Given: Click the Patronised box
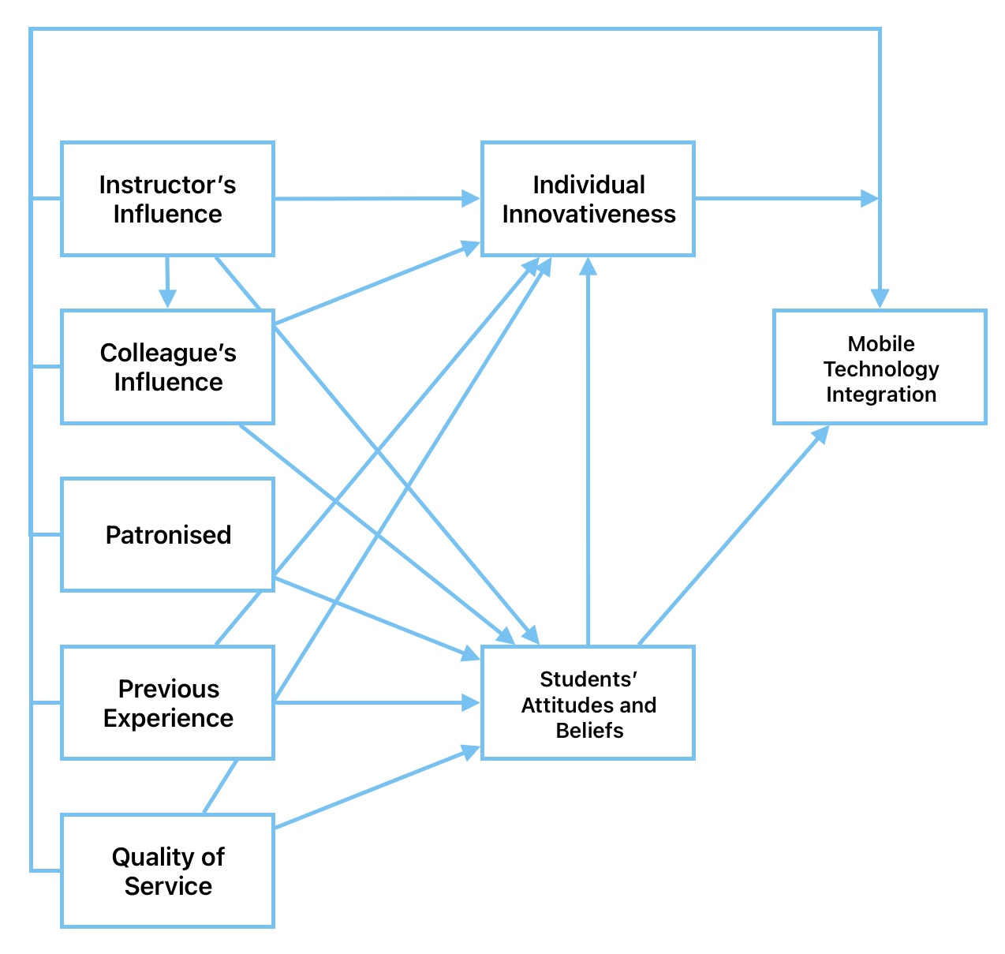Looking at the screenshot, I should pyautogui.click(x=167, y=534).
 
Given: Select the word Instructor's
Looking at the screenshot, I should pyautogui.click(x=167, y=185).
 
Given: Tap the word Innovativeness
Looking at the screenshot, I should pyautogui.click(x=588, y=214).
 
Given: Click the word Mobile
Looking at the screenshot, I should pyautogui.click(x=880, y=343).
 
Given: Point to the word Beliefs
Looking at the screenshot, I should pyautogui.click(x=588, y=730).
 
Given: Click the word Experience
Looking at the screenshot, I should pyautogui.click(x=168, y=718).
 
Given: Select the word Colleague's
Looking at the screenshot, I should pyautogui.click(x=168, y=353).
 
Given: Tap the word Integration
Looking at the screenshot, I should pyautogui.click(x=880, y=394).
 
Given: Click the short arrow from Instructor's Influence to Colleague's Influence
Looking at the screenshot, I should pyautogui.click(x=166, y=281).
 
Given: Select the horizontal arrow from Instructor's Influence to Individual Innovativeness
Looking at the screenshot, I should pyautogui.click(x=371, y=199).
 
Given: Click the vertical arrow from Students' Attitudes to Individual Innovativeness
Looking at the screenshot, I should pyautogui.click(x=588, y=450).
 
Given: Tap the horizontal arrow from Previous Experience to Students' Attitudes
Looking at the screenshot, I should pyautogui.click(x=371, y=702).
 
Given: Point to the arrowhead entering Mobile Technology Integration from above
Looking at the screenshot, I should pyautogui.click(x=880, y=298).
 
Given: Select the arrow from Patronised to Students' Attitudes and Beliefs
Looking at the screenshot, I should pyautogui.click(x=371, y=615).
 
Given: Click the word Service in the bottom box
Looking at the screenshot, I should pyautogui.click(x=168, y=886).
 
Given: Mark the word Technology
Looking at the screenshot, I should pyautogui.click(x=880, y=369).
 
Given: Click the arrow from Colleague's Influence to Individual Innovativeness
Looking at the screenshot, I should pyautogui.click(x=371, y=286).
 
